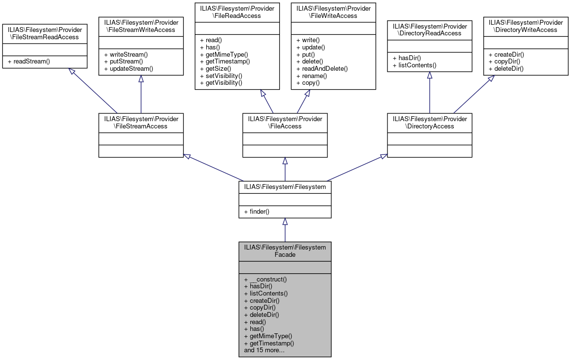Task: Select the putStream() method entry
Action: click(x=123, y=62)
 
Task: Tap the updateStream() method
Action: click(x=128, y=69)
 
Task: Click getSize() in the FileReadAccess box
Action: click(x=216, y=69)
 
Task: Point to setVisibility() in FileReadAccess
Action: click(x=221, y=76)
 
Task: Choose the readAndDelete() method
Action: click(x=322, y=69)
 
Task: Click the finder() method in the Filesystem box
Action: click(x=257, y=212)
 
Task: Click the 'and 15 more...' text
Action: click(x=264, y=350)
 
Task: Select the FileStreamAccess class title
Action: click(x=141, y=123)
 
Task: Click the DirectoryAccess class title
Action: click(x=429, y=123)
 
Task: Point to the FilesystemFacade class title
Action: click(x=285, y=251)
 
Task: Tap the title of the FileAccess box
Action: click(x=285, y=123)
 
